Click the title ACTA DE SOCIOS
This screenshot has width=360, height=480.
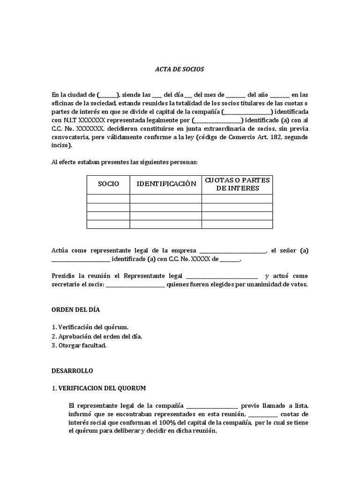[x=180, y=69]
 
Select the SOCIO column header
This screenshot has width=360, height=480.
[x=108, y=184]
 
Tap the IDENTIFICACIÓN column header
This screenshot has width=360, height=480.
[x=166, y=184]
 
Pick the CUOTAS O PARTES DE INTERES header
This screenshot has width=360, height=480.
[x=237, y=184]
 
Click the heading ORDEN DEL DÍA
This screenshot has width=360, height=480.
[x=75, y=310]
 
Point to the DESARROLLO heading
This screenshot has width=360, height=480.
[x=72, y=370]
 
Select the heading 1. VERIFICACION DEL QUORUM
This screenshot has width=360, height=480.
[x=98, y=388]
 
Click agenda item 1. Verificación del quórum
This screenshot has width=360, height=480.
[x=89, y=327]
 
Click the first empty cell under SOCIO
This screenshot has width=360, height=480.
[x=108, y=199]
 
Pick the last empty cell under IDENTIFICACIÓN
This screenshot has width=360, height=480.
[x=166, y=224]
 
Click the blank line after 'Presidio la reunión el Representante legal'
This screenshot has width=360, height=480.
[x=222, y=276]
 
